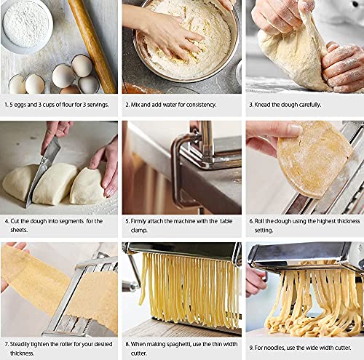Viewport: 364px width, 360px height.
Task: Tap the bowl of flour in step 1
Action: tap(25, 26)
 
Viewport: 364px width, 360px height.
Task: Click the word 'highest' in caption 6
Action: tap(320, 220)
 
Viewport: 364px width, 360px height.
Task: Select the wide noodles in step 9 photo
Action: tap(313, 298)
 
